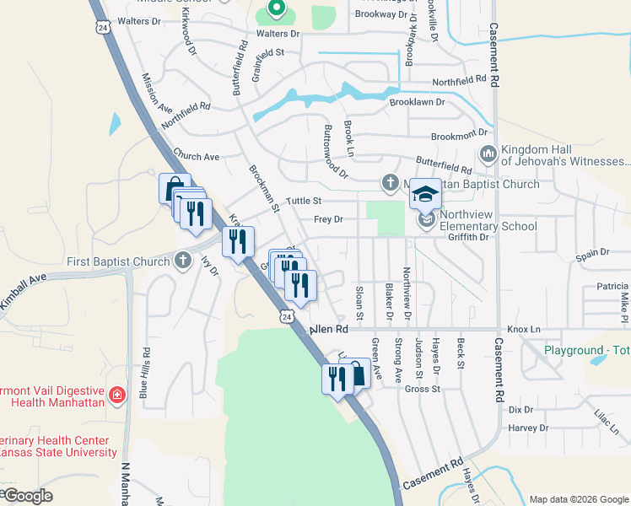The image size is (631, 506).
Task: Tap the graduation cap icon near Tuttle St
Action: [x=426, y=194]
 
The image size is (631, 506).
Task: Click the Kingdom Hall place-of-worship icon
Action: [x=487, y=154]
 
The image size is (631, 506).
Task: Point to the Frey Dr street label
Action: [x=328, y=219]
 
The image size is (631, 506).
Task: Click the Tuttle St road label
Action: [x=305, y=201]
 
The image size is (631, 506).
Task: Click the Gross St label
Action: [x=423, y=389]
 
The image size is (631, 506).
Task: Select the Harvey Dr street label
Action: [x=529, y=428]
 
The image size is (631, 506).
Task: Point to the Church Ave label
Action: [x=196, y=156]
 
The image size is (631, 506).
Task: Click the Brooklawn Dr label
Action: [x=417, y=102]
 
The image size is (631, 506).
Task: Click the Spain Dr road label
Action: [x=592, y=252]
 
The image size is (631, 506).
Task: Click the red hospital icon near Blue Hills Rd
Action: [x=118, y=395]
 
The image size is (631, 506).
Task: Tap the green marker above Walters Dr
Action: [x=276, y=9]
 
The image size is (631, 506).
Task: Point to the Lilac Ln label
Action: [x=607, y=418]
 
